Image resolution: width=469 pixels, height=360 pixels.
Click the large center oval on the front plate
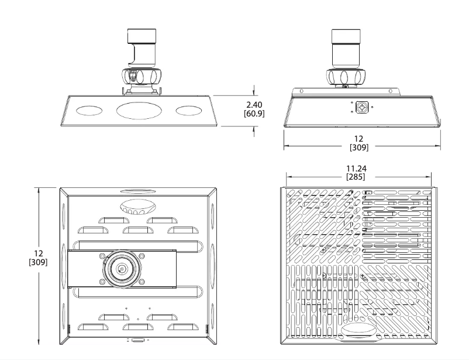139,110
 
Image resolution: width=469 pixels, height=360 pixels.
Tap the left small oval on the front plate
89,110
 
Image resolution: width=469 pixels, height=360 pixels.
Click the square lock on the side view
362,108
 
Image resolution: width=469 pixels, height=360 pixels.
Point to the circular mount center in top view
121,269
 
